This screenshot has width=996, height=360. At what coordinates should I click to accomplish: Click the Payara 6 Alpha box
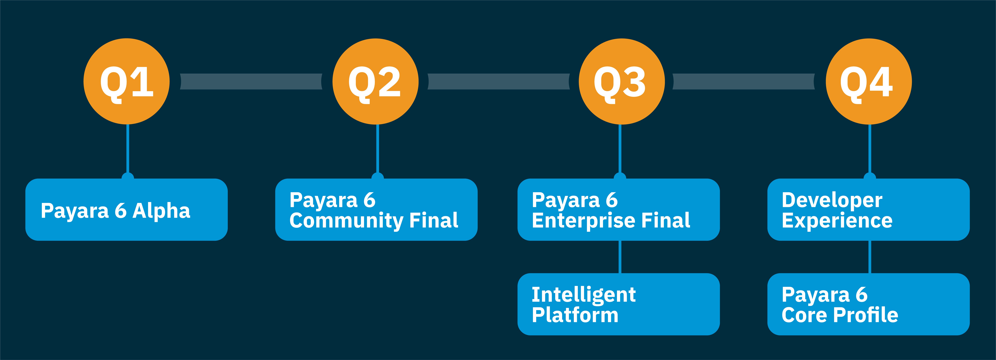tap(126, 210)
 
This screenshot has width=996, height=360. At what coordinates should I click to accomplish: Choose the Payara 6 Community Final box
tap(376, 210)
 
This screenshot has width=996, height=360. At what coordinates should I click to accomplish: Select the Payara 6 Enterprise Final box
tap(619, 210)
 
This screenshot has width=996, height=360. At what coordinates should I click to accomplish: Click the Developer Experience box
tap(868, 210)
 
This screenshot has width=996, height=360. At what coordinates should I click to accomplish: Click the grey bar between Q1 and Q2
tap(251, 82)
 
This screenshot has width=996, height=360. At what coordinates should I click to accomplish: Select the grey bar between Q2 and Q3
tap(499, 82)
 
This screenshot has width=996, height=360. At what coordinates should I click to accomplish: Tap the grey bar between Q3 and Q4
tap(744, 82)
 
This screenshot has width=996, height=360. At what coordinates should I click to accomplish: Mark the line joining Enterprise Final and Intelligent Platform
tap(620, 257)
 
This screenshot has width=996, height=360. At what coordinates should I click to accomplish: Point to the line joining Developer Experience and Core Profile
tap(870, 257)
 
